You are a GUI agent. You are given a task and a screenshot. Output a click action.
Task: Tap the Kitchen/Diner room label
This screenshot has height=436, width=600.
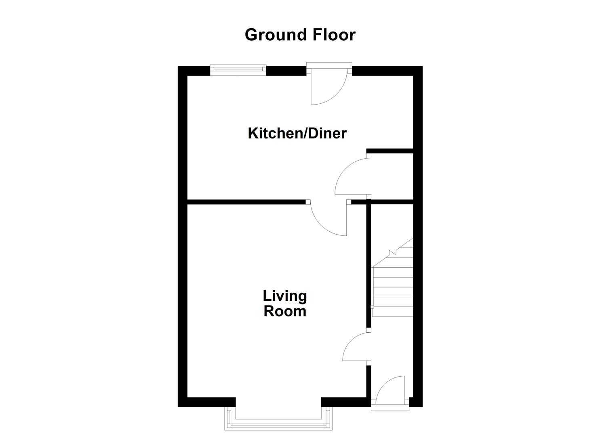point(297,133)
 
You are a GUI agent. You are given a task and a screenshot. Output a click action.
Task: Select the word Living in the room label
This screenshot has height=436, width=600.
point(285,296)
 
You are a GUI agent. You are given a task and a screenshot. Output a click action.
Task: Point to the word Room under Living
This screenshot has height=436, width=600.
point(285,312)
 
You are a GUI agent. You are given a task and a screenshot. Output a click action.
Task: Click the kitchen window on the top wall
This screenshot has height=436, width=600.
point(238,70)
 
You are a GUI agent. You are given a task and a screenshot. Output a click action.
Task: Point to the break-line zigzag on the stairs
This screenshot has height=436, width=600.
point(392,253)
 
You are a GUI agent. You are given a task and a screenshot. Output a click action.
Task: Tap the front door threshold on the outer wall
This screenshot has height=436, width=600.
point(390,408)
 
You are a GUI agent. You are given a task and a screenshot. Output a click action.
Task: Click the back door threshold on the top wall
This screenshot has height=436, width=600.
point(329,65)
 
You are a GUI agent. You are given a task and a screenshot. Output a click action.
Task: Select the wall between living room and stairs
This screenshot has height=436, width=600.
point(368,266)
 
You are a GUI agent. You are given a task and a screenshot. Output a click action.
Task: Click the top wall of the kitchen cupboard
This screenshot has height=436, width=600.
point(390,151)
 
